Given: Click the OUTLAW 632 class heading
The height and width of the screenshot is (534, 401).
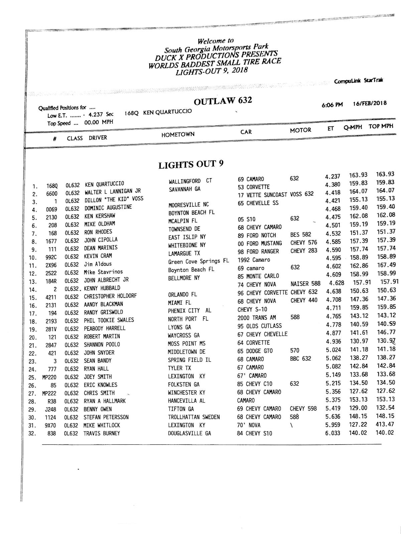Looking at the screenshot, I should (223, 101).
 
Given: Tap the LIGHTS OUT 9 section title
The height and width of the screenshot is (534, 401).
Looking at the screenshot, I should (191, 165).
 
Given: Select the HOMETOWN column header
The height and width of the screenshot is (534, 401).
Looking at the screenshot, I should (178, 134).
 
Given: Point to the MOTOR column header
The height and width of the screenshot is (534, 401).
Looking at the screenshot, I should (300, 130).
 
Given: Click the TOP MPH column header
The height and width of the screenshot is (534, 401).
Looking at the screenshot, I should (381, 126).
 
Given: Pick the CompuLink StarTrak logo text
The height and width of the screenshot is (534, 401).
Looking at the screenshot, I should (358, 81).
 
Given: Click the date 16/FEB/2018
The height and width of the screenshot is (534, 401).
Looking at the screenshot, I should (370, 103).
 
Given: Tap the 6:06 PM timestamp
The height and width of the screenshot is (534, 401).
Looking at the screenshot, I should (332, 105).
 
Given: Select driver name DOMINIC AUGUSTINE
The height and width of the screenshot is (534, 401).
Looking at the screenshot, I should (108, 208).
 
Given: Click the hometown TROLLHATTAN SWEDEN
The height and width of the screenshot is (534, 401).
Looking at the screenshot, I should (194, 417).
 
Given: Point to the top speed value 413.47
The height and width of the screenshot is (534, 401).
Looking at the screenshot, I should (385, 424).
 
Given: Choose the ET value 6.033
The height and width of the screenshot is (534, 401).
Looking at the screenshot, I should (333, 433).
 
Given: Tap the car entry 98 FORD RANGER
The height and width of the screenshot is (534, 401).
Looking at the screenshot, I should (258, 251).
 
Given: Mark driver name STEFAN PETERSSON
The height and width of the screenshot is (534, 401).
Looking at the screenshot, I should (106, 417).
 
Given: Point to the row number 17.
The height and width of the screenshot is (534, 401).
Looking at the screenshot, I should (33, 314).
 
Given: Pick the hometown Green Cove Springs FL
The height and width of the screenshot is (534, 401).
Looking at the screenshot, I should (198, 261).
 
